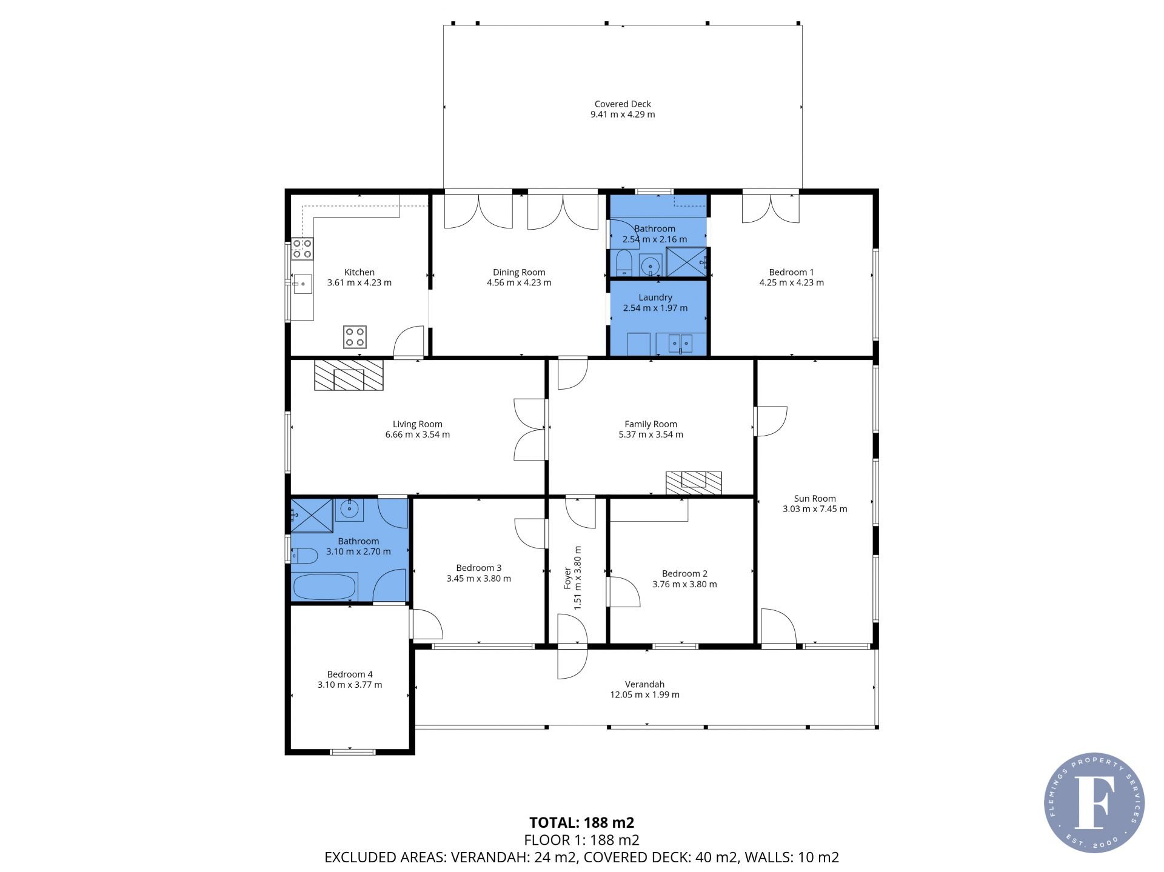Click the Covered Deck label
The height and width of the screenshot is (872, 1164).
click(623, 104)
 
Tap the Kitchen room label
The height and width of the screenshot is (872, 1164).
click(360, 272)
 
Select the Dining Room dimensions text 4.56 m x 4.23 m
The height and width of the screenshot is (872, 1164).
click(519, 282)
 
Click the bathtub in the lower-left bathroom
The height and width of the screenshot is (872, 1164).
click(324, 586)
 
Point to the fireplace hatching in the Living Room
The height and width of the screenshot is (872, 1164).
click(349, 375)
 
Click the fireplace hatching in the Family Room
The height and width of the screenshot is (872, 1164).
click(694, 483)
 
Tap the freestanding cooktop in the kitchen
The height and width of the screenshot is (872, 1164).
click(355, 337)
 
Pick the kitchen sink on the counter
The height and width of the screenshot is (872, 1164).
click(302, 284)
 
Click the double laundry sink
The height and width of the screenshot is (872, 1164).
click(681, 344)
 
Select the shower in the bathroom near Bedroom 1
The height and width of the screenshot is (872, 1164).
click(687, 262)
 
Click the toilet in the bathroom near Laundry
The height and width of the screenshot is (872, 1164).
click(623, 265)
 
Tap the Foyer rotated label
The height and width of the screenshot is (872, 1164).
click(567, 578)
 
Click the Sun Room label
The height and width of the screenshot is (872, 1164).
click(815, 499)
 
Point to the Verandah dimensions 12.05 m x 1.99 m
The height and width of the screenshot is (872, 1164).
click(644, 694)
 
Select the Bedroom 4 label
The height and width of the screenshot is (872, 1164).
click(350, 674)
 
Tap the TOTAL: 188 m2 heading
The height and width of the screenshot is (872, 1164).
click(582, 822)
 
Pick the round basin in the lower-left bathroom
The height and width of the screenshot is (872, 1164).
click(350, 510)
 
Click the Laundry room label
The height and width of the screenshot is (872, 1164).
click(655, 298)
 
